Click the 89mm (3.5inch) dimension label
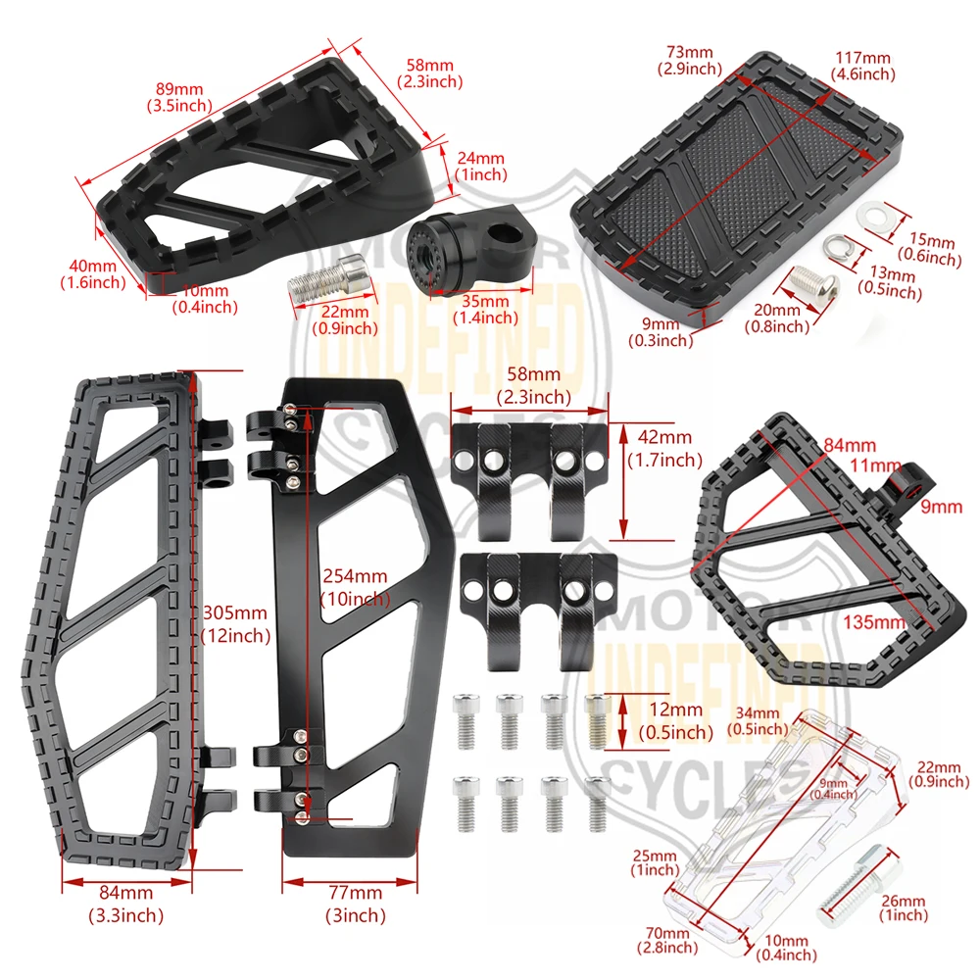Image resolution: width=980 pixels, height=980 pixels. [179, 97]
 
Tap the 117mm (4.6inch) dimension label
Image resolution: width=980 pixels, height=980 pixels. [863, 67]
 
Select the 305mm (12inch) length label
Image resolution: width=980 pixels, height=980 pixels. [235, 623]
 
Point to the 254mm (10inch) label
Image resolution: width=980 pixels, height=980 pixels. [355, 587]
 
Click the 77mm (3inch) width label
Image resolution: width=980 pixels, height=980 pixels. [355, 904]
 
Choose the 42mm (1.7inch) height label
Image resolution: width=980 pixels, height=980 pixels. [665, 448]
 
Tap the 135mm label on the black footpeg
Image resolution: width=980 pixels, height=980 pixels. [874, 622]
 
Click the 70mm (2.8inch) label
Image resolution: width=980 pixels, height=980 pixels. [667, 941]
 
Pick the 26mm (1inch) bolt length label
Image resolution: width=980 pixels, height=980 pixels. [904, 908]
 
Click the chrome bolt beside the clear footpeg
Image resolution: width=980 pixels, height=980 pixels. [860, 885]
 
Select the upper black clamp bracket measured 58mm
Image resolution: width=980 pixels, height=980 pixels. [529, 479]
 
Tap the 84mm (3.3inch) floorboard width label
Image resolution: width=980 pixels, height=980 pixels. [125, 904]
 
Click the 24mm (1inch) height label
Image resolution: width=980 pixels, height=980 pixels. [480, 167]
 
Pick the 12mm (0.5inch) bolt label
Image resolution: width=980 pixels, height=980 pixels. [675, 720]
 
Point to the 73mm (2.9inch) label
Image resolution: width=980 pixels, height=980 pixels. [689, 60]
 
